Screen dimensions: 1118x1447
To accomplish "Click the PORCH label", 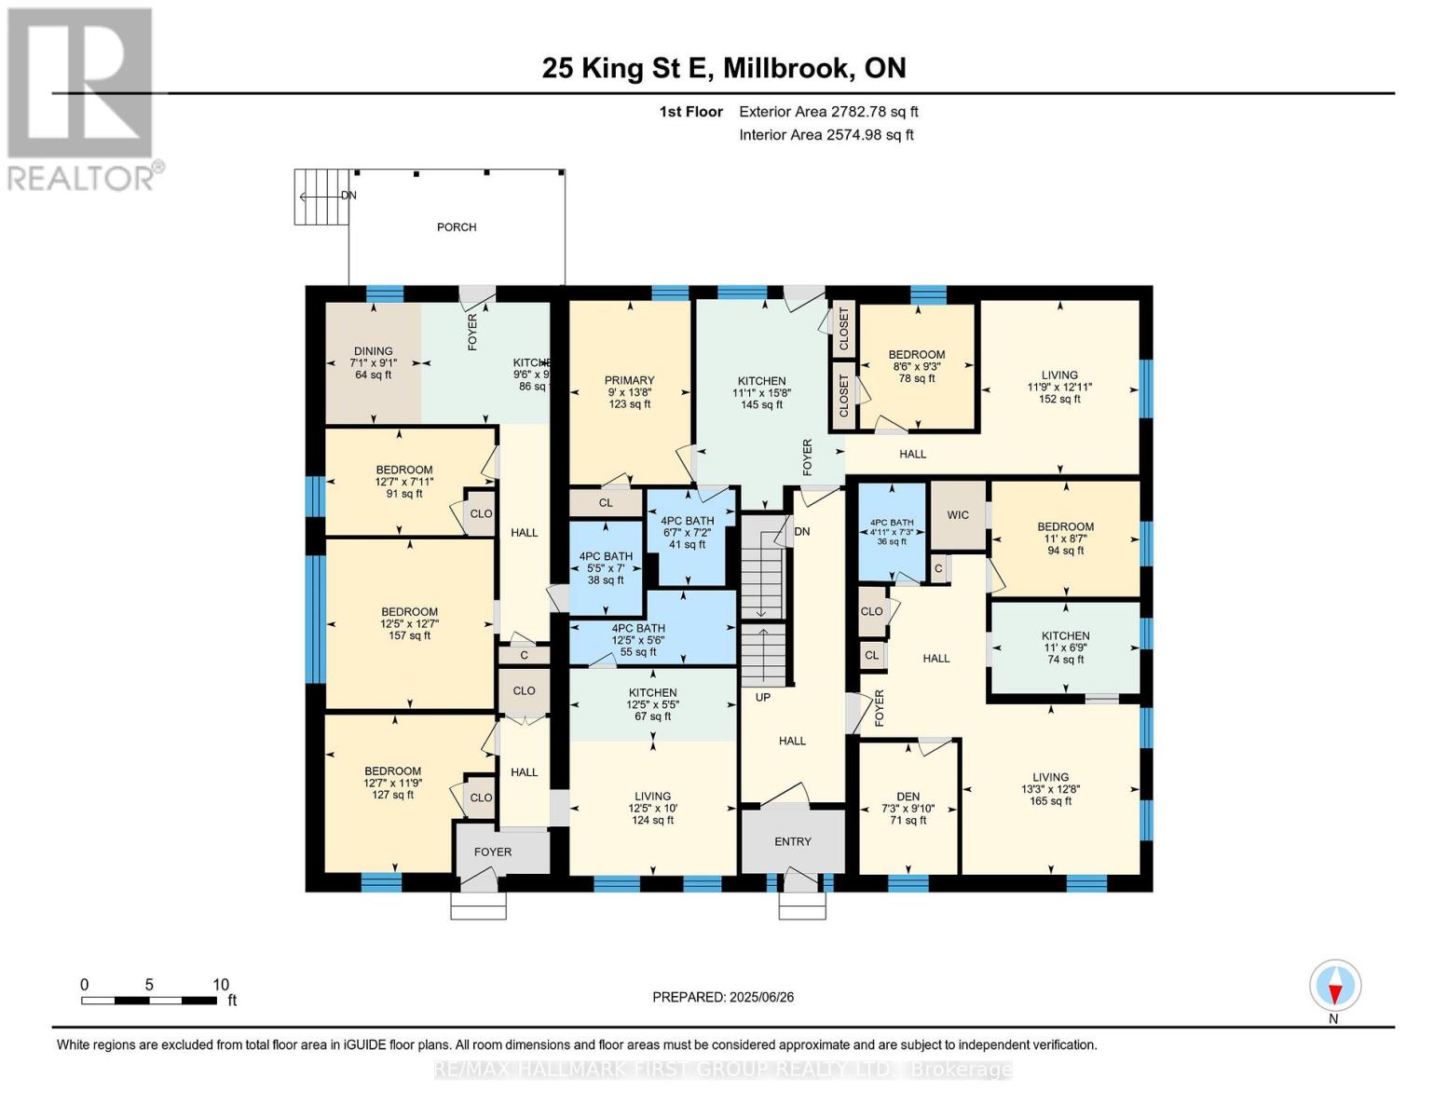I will pyautogui.click(x=457, y=227).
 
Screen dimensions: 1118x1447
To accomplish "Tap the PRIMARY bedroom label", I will pyautogui.click(x=629, y=380).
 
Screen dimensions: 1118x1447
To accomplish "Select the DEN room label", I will pyautogui.click(x=908, y=797).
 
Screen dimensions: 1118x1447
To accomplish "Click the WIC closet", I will pyautogui.click(x=958, y=515).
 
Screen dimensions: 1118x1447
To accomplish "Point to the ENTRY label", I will pyautogui.click(x=793, y=841).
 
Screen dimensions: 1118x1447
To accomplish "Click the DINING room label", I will pyautogui.click(x=373, y=351).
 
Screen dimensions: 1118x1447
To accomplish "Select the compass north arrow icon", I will pyautogui.click(x=1335, y=986).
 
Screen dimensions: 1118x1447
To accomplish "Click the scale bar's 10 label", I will pyautogui.click(x=221, y=985).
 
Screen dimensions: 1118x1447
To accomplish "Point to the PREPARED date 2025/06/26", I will pyautogui.click(x=723, y=997).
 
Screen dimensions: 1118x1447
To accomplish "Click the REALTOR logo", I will pyautogui.click(x=82, y=98).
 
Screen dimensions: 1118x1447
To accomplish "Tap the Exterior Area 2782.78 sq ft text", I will pyautogui.click(x=828, y=112).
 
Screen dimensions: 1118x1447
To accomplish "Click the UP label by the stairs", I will pyautogui.click(x=763, y=697).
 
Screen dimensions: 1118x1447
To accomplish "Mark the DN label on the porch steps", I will pyautogui.click(x=348, y=196).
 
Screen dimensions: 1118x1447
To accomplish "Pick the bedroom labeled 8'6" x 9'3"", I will pyautogui.click(x=916, y=366).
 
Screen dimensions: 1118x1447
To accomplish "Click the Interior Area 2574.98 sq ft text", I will pyautogui.click(x=826, y=135).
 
